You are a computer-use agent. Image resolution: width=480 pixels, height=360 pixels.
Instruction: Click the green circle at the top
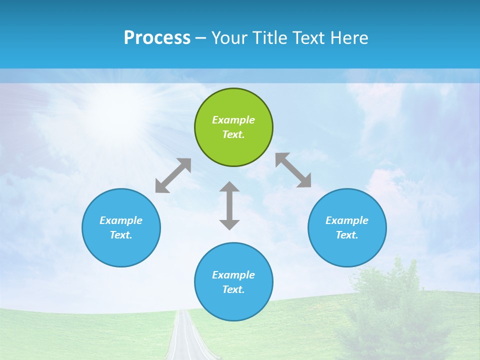(233, 127)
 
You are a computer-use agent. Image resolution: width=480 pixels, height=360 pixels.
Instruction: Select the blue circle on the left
(121, 227)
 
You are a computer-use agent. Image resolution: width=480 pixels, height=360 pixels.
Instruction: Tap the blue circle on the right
(347, 227)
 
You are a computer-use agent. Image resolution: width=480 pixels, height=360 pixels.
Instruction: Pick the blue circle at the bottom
(233, 282)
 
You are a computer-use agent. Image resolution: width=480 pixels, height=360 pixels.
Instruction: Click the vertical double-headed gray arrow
(229, 205)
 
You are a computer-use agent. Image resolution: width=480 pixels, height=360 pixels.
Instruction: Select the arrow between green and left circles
(173, 175)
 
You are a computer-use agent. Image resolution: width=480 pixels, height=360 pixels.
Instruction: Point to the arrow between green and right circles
(293, 170)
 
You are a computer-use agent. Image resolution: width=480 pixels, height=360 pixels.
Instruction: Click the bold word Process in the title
(157, 38)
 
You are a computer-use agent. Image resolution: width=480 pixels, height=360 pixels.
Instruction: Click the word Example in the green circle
(233, 120)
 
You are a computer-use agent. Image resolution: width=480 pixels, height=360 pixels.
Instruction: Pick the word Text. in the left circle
(121, 235)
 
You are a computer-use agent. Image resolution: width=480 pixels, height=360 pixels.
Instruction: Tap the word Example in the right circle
(347, 220)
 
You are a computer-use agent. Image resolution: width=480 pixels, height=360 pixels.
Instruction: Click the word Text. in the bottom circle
(233, 289)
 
